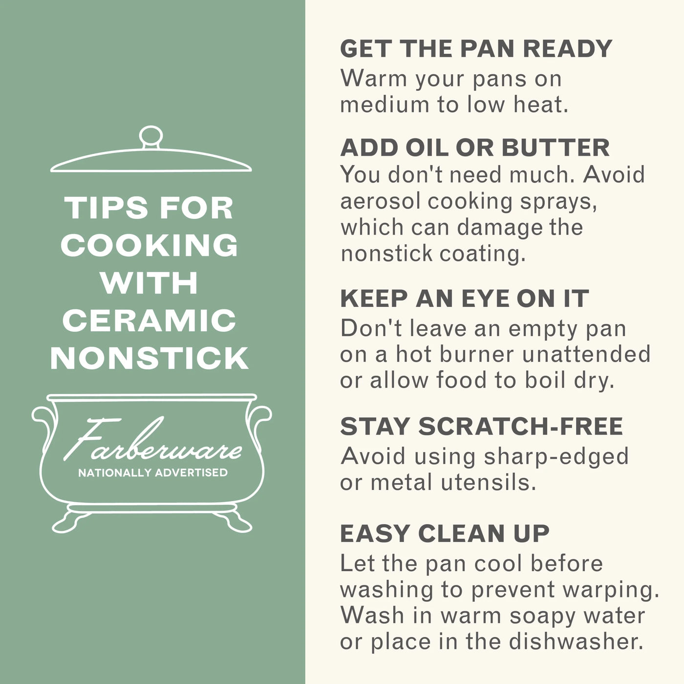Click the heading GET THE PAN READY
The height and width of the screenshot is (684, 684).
[476, 48]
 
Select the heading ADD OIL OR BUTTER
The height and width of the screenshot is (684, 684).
[475, 148]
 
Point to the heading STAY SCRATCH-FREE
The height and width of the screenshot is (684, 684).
[482, 426]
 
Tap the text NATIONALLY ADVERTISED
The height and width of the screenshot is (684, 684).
[153, 473]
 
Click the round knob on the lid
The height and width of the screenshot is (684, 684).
[151, 136]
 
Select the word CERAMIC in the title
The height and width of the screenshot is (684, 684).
[150, 320]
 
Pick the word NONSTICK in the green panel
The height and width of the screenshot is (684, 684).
[150, 359]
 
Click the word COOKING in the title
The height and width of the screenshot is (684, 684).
[150, 245]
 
